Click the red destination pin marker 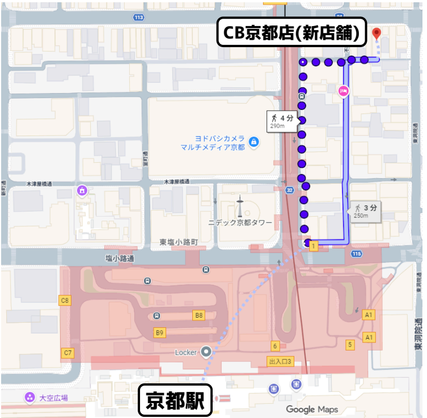click(376, 33)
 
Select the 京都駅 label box click(175, 402)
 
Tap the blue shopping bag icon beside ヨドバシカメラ click(253, 140)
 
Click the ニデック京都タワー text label click(240, 223)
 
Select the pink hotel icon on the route click(344, 91)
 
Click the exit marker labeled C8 click(65, 300)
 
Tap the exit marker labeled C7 click(67, 353)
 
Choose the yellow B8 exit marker click(198, 315)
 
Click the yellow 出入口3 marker click(280, 361)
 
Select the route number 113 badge click(139, 17)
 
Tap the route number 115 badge click(356, 254)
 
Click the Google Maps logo click(312, 409)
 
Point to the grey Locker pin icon click(206, 352)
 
